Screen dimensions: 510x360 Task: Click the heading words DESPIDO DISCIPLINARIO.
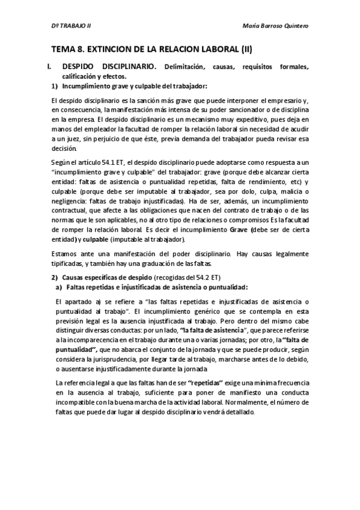(x=109, y=66)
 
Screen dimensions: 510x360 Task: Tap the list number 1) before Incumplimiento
(x=55, y=86)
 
